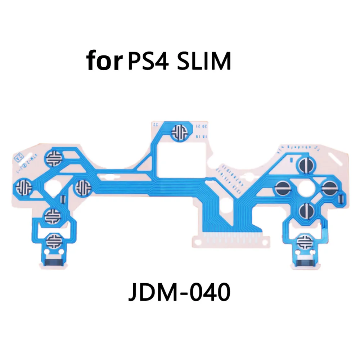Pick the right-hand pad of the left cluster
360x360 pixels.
tap(84, 187)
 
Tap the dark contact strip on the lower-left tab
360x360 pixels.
tap(53, 256)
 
